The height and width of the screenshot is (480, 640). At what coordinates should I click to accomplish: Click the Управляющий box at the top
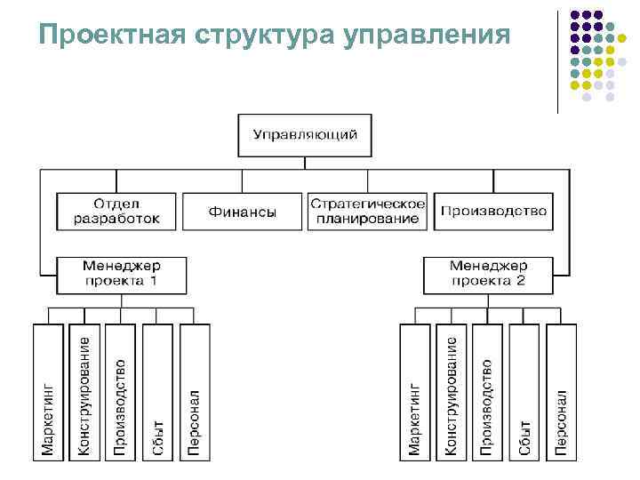click(x=305, y=135)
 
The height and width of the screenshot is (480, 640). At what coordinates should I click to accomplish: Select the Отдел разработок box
click(x=118, y=212)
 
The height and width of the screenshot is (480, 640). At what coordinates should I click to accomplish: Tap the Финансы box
click(x=242, y=212)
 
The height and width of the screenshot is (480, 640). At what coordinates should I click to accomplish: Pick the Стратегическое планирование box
click(x=366, y=212)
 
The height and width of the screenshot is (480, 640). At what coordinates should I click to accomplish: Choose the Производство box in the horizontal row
click(x=493, y=212)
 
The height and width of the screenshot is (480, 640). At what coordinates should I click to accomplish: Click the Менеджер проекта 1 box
click(x=122, y=275)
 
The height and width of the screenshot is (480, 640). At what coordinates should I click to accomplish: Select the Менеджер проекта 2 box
click(x=488, y=275)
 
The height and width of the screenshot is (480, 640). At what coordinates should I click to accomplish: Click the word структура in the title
click(x=263, y=36)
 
